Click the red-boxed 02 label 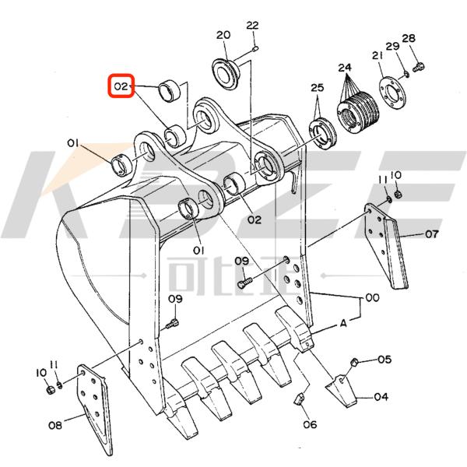pos(121,86)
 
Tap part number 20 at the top pos(223,35)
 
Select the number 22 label pos(251,26)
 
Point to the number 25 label pos(317,87)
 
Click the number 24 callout pos(346,68)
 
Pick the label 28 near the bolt pos(409,39)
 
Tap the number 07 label pos(431,233)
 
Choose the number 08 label pos(55,425)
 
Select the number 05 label pos(384,360)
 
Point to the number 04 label pos(381,397)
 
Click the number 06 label pos(310,425)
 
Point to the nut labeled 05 pos(355,361)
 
